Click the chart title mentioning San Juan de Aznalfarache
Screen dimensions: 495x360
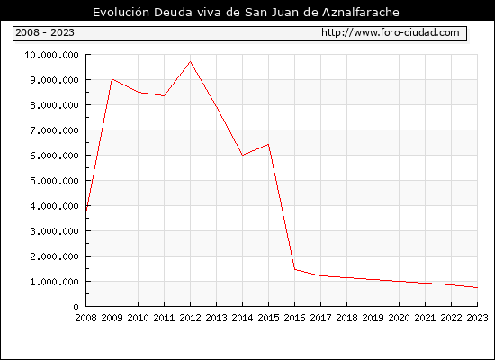(x=246, y=13)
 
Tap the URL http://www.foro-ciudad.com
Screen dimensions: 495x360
(x=391, y=32)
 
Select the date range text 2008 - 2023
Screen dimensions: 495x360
(x=45, y=32)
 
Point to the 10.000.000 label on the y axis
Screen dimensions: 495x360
(x=51, y=55)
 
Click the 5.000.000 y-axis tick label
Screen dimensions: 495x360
(x=54, y=181)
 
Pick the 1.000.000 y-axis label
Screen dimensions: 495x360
(x=54, y=282)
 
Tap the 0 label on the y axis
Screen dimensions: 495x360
(x=76, y=307)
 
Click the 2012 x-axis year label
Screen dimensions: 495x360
(x=190, y=318)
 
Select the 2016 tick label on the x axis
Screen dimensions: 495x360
(x=294, y=318)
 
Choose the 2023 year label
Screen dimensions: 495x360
(x=477, y=318)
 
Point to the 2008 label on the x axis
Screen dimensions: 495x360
(x=85, y=318)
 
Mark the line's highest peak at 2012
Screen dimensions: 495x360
(x=190, y=61)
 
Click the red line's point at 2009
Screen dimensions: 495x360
(x=112, y=79)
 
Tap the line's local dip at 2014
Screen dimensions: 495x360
(x=242, y=155)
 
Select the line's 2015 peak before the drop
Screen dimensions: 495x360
(x=268, y=144)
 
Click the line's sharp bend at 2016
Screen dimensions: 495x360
(x=294, y=269)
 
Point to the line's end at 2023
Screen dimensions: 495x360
(x=477, y=287)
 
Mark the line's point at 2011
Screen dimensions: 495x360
(x=164, y=95)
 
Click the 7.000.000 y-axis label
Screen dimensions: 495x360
(x=54, y=130)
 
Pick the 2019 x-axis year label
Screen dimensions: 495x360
(x=373, y=318)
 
